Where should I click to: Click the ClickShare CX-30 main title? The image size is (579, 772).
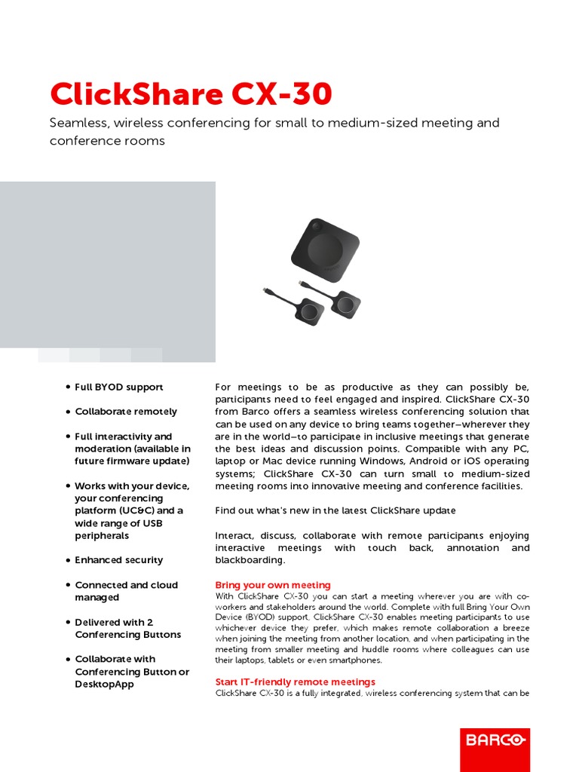(x=190, y=94)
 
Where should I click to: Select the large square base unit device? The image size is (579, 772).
(x=326, y=250)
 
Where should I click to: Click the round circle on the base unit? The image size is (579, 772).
(x=326, y=251)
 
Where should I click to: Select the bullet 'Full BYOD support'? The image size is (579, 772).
(x=118, y=387)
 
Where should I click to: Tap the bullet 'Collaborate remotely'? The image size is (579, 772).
(x=126, y=412)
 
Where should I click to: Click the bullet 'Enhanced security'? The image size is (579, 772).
(x=118, y=560)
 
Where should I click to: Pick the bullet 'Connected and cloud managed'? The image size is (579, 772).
(x=126, y=591)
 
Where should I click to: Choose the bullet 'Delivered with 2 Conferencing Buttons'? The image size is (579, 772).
(x=127, y=628)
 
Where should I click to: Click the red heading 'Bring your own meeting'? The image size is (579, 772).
(x=273, y=585)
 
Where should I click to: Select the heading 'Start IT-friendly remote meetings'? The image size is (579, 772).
(x=295, y=682)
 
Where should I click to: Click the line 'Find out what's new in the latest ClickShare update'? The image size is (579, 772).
(x=335, y=510)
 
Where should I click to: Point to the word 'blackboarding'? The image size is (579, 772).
(x=250, y=560)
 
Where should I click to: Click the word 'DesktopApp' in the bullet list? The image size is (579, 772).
(x=104, y=684)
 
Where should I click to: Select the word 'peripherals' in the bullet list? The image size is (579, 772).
(x=102, y=535)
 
